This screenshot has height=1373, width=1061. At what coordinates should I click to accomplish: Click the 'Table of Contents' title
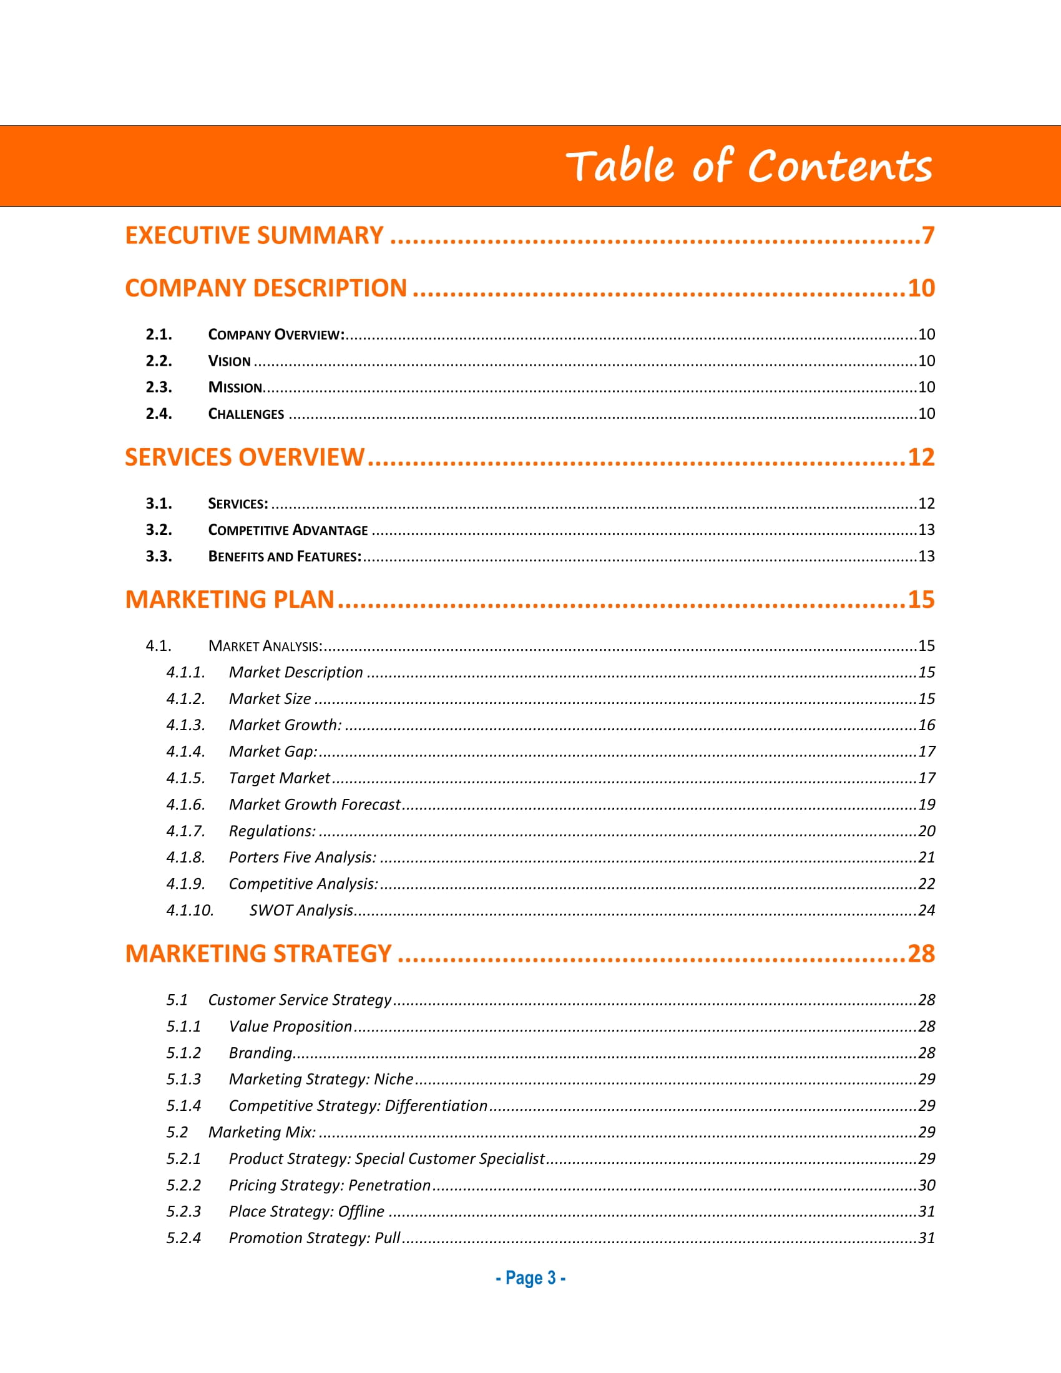(x=748, y=166)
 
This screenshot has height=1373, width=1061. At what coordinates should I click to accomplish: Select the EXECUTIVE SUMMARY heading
(x=254, y=236)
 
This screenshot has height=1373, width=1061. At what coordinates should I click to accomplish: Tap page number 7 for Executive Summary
(x=927, y=236)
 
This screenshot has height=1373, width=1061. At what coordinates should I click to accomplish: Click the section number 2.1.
(x=159, y=335)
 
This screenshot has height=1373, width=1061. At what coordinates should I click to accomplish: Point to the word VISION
(x=230, y=361)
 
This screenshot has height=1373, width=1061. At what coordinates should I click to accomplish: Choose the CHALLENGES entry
(x=246, y=414)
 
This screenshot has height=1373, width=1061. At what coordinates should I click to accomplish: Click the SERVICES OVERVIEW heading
(x=245, y=457)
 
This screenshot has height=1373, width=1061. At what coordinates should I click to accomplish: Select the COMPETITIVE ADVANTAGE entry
(x=288, y=530)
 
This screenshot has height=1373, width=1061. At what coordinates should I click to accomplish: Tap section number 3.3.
(x=159, y=556)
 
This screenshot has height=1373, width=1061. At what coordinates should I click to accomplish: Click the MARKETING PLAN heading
(x=230, y=600)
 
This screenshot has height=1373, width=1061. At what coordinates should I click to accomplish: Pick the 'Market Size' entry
(x=270, y=699)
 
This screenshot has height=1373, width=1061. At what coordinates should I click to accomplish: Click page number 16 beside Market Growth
(x=926, y=725)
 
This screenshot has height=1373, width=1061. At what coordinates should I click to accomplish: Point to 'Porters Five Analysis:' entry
(x=302, y=858)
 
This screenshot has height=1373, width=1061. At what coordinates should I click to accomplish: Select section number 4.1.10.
(x=190, y=911)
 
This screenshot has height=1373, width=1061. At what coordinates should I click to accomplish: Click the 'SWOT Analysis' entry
(x=301, y=911)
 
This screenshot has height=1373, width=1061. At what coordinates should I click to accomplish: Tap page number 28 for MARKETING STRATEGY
(x=921, y=954)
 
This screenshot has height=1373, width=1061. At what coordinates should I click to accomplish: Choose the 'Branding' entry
(x=261, y=1053)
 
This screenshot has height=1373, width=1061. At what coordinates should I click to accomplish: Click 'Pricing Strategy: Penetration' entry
(x=330, y=1185)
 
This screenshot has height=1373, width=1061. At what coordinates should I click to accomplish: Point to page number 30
(x=926, y=1185)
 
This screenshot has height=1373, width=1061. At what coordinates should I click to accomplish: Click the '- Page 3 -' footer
(x=530, y=1278)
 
